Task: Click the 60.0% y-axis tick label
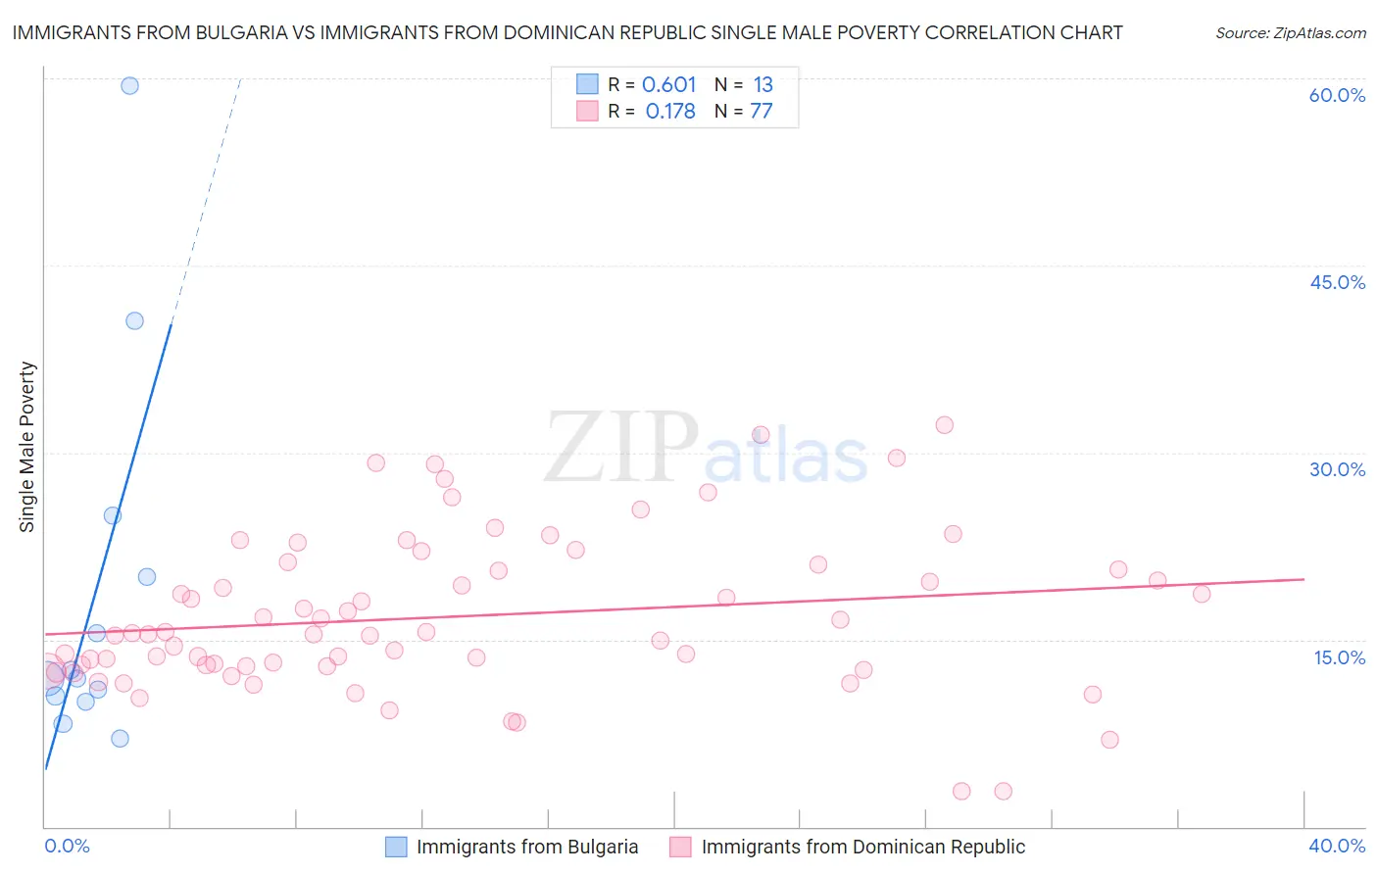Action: [1337, 96]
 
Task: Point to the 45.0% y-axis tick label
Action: [1337, 282]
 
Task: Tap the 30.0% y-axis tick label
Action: [1337, 469]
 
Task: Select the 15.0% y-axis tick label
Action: [1339, 657]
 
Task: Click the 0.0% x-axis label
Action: [67, 846]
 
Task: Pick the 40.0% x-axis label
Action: [1337, 846]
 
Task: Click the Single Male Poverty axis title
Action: [27, 447]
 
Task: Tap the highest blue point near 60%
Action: [129, 85]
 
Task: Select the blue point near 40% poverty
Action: [134, 320]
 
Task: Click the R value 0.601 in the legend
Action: [668, 85]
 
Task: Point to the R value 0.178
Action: [670, 112]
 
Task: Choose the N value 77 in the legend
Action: [762, 112]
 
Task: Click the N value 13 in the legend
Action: [763, 85]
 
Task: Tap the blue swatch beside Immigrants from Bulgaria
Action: [396, 847]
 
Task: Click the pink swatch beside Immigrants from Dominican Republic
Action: [680, 847]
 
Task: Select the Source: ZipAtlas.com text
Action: [1290, 33]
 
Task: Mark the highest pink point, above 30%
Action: [944, 424]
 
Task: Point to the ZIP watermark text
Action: [621, 448]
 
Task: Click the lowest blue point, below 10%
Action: [120, 738]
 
